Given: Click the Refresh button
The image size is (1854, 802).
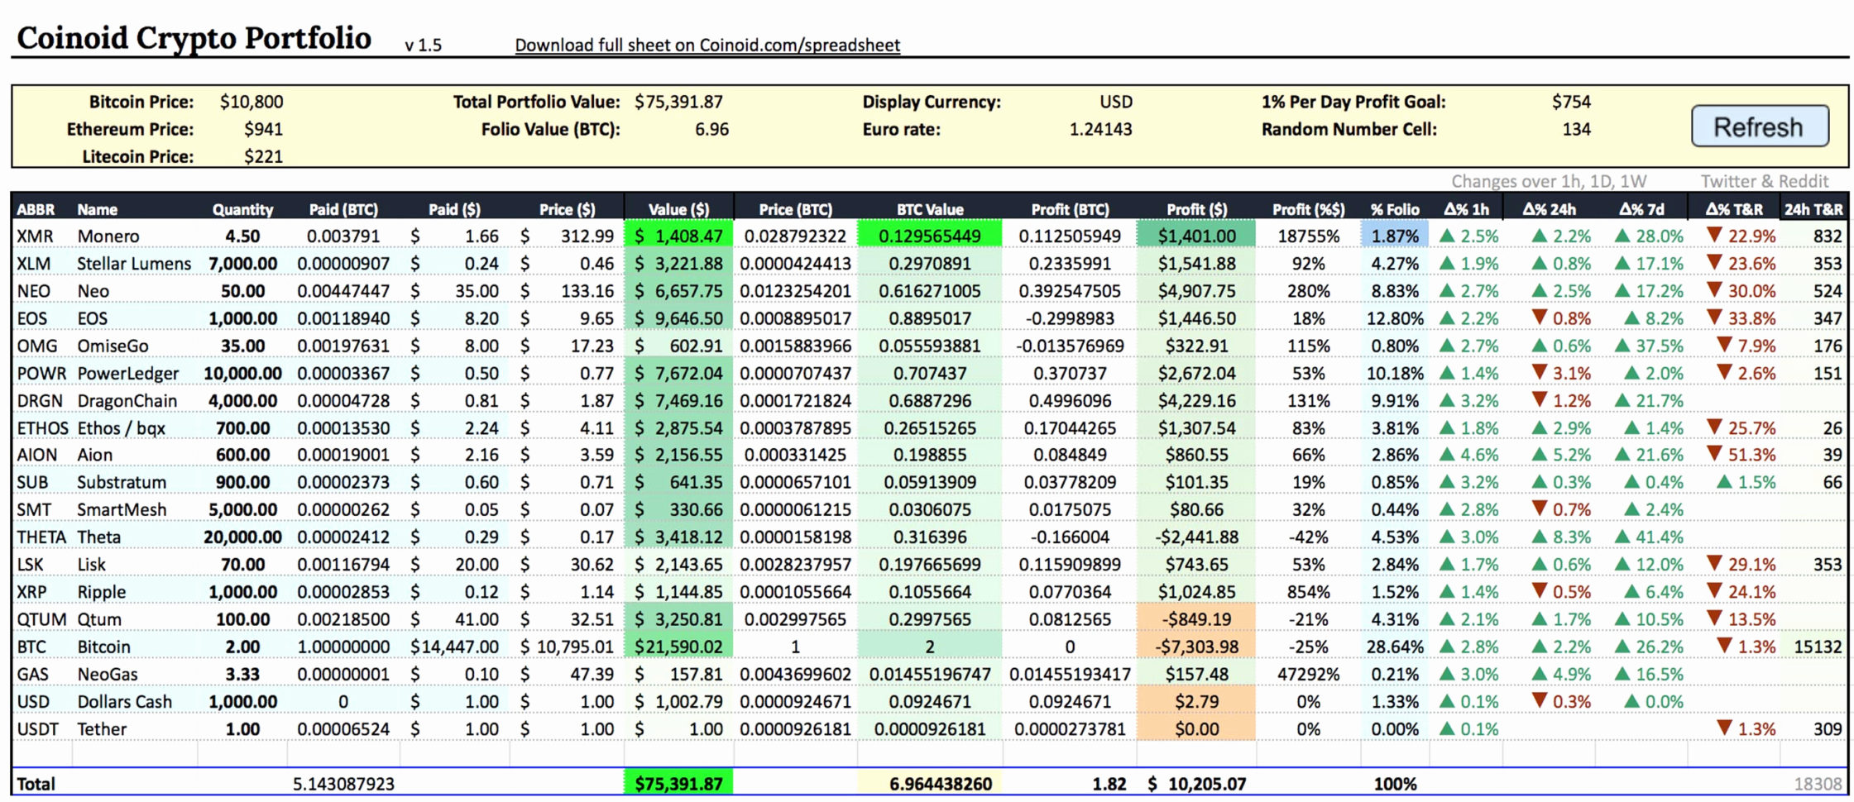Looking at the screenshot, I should point(1759,127).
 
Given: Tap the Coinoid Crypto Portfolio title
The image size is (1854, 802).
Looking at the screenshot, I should point(194,38).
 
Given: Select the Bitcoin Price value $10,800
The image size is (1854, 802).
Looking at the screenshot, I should point(252,102).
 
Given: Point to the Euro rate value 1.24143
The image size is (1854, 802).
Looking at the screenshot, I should point(1100,130).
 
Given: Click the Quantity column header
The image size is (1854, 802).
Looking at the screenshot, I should point(242,209).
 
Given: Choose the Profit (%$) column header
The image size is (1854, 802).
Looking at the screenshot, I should point(1308,209).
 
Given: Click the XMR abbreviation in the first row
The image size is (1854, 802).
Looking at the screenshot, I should point(35,236).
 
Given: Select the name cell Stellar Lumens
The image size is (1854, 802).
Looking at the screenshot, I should point(133,264).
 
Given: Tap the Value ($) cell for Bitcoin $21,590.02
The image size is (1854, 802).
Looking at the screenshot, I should point(678,647).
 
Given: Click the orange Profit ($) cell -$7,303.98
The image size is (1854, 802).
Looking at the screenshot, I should point(1196,647).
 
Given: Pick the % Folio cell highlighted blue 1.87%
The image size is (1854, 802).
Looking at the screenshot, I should point(1395,236).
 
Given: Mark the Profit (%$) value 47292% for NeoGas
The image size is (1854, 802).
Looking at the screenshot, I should point(1308,674).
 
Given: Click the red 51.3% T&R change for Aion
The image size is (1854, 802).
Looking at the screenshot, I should point(1741,455).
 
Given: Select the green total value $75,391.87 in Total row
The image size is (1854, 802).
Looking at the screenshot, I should point(678,783).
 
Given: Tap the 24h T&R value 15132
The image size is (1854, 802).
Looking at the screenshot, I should point(1818,647).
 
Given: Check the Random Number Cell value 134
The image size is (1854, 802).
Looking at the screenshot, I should point(1576,130).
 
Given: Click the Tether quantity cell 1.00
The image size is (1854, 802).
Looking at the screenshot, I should point(242,728).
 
